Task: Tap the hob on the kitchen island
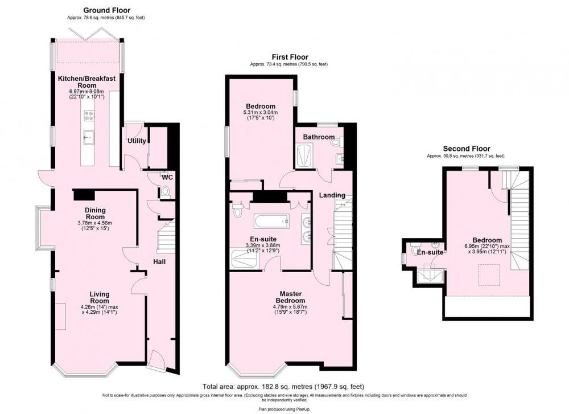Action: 89,116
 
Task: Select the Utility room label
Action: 137,141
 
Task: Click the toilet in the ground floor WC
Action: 166,191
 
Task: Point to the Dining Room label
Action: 95,214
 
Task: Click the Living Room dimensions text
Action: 99,309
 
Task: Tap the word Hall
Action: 159,261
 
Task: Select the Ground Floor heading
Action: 107,10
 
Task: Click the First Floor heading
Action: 290,57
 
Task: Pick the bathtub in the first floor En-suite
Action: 271,222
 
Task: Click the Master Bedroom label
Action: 290,297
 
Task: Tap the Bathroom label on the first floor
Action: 319,137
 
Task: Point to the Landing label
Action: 332,195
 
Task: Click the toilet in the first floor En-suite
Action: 238,210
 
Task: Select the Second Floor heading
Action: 467,149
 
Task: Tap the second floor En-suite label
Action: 430,252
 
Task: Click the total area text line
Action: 283,387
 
